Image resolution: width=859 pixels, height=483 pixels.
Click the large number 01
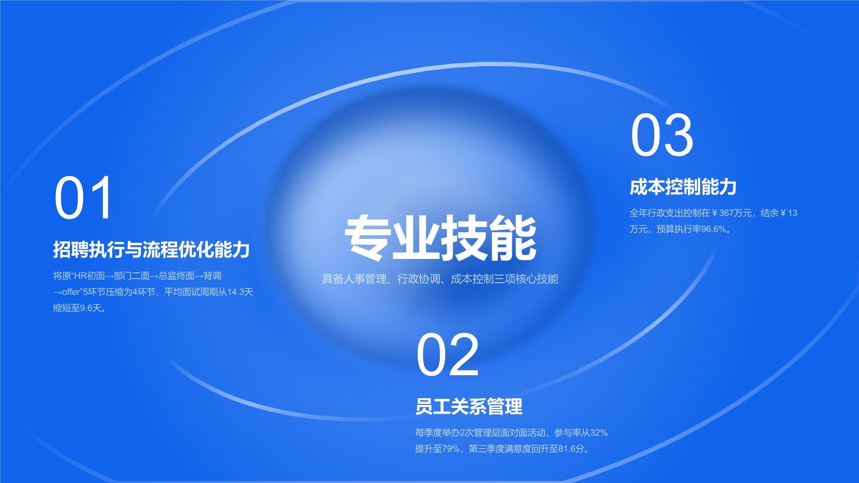[83, 198]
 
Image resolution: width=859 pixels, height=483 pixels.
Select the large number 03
[662, 135]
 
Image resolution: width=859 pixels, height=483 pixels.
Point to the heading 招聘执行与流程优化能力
[151, 250]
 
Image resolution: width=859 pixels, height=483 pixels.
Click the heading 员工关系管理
[468, 407]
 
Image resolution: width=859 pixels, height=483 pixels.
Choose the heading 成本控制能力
[683, 187]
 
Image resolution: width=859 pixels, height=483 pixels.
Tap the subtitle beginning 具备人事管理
[440, 279]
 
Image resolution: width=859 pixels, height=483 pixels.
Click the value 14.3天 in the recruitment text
[240, 292]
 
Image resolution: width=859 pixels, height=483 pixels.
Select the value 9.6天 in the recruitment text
[89, 308]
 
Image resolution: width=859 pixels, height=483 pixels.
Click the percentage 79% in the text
[451, 449]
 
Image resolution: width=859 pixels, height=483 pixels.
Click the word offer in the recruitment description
[71, 292]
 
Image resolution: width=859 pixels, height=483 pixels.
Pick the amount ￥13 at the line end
[789, 213]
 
